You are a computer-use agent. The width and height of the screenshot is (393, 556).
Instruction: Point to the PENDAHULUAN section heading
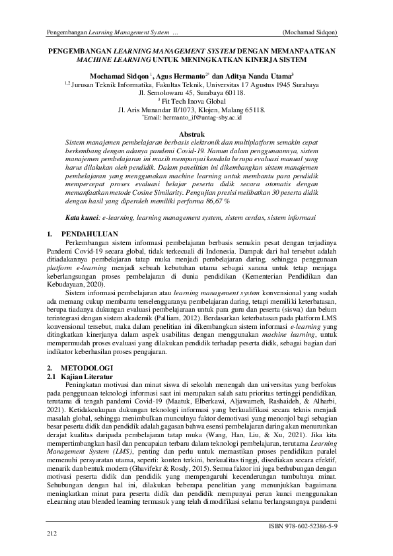(x=89, y=234)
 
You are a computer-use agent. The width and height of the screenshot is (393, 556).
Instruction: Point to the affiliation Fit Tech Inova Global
(x=197, y=101)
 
